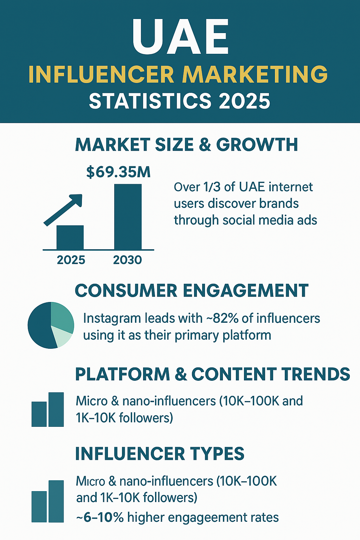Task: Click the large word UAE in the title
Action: point(180,37)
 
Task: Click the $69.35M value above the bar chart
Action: point(118,172)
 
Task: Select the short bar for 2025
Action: point(70,238)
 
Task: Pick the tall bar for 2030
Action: point(128,217)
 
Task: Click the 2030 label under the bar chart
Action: point(127,260)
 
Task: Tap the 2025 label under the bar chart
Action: point(71,260)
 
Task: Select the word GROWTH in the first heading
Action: point(257,144)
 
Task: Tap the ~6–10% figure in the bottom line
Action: point(99,517)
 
